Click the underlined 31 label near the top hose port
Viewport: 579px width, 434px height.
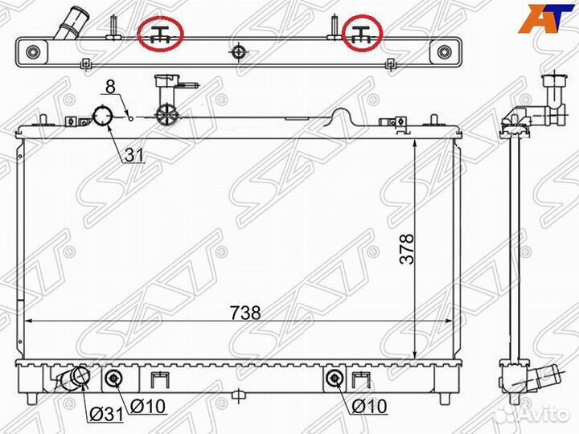point(133,155)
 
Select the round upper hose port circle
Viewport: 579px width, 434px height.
point(103,117)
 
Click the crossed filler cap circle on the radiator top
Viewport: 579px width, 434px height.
point(165,115)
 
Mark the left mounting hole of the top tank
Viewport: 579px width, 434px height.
point(33,54)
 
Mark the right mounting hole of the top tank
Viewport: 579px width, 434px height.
point(445,54)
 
